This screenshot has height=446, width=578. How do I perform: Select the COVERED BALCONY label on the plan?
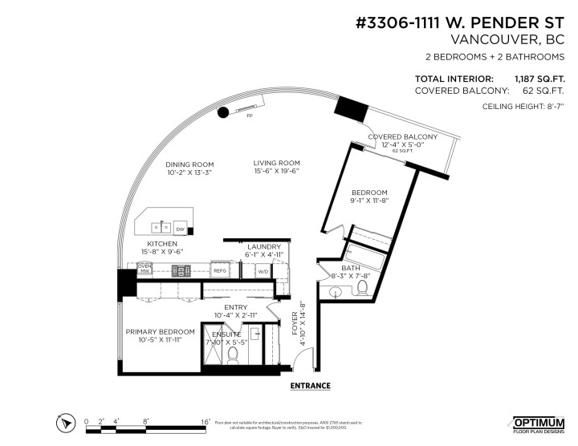click(402, 137)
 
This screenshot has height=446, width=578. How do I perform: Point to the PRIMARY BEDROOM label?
click(160, 331)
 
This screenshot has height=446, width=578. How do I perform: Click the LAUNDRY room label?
click(264, 246)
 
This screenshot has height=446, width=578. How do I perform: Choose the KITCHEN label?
click(161, 243)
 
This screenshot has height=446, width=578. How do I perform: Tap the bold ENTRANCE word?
click(310, 385)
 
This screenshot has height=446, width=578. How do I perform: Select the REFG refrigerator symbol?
click(220, 271)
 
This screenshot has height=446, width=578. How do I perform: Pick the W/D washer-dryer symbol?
click(263, 271)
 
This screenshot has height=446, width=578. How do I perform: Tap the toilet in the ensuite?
click(234, 352)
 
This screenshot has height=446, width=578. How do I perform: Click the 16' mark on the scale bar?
click(206, 420)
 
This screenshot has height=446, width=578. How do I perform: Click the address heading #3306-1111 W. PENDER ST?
click(466, 22)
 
